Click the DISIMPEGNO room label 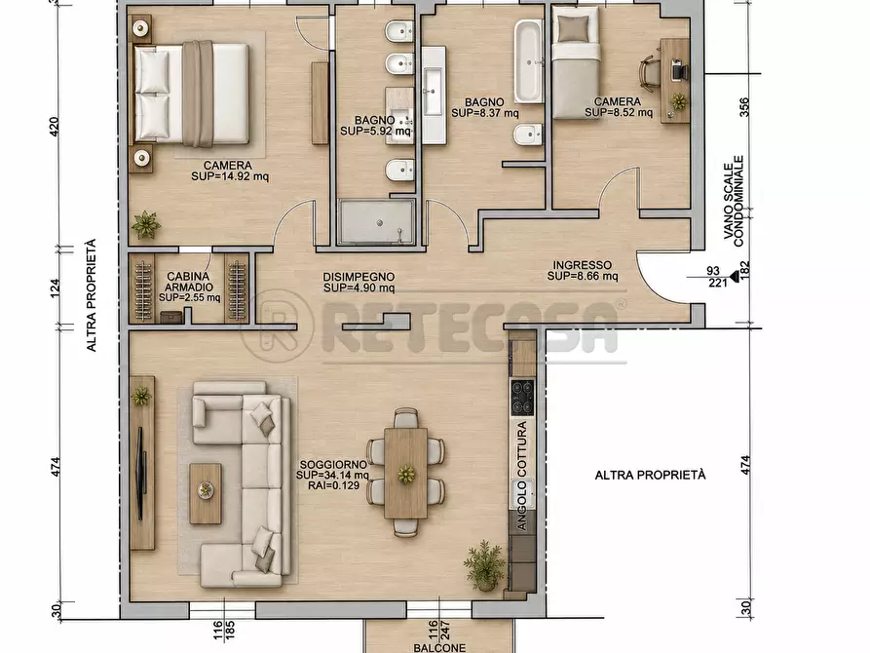coord(359,277)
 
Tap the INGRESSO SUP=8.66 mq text coord(583,270)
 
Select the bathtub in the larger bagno coord(528,61)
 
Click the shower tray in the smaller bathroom coord(377,222)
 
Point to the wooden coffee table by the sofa coord(206,493)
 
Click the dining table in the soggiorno coord(405,473)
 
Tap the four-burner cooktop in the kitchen coord(522,398)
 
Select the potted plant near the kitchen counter coord(484,564)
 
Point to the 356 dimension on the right coord(744,107)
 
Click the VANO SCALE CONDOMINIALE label coord(734,201)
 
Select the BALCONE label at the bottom coord(439,647)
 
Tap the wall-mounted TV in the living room coord(141,474)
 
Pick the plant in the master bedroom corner coord(146,224)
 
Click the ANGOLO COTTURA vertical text coord(522,476)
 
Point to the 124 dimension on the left coord(55,288)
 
